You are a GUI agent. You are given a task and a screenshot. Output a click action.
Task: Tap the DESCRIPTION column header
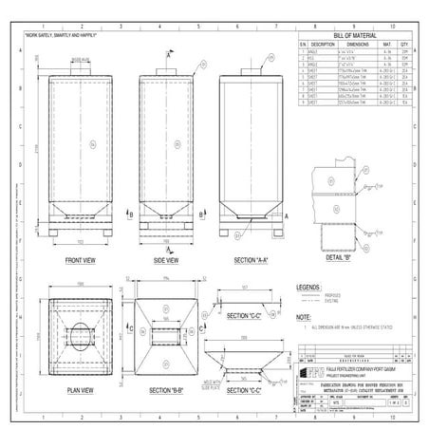pos(325,44)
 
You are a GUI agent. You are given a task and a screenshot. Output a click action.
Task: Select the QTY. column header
pos(405,44)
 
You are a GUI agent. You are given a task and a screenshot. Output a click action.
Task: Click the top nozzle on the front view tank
pos(78,69)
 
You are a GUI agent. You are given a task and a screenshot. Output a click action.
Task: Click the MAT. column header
pos(389,44)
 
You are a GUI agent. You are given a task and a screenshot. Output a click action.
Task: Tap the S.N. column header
pos(304,44)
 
